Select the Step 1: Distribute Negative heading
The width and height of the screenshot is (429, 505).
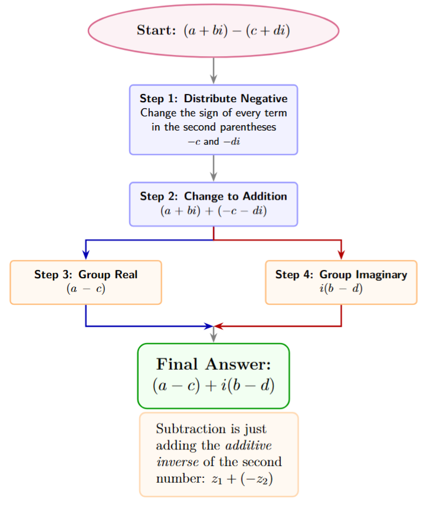tap(213, 99)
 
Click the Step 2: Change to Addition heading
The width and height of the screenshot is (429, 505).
tap(213, 196)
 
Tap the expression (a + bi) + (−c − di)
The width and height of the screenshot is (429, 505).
tap(213, 210)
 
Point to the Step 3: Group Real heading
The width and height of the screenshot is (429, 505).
tap(86, 275)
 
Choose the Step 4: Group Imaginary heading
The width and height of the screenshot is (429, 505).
tap(341, 275)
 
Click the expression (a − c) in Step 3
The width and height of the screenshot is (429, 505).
tap(86, 289)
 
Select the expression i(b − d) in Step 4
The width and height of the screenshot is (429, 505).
tap(341, 289)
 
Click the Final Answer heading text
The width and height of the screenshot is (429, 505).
tap(213, 364)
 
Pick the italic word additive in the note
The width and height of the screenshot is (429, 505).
tap(247, 445)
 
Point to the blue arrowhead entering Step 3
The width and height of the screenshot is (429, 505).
tap(86, 255)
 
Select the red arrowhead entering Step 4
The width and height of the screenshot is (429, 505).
tap(341, 255)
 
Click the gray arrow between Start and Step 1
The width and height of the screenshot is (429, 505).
tap(214, 71)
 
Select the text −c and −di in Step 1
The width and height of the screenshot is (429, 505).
tap(213, 142)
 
